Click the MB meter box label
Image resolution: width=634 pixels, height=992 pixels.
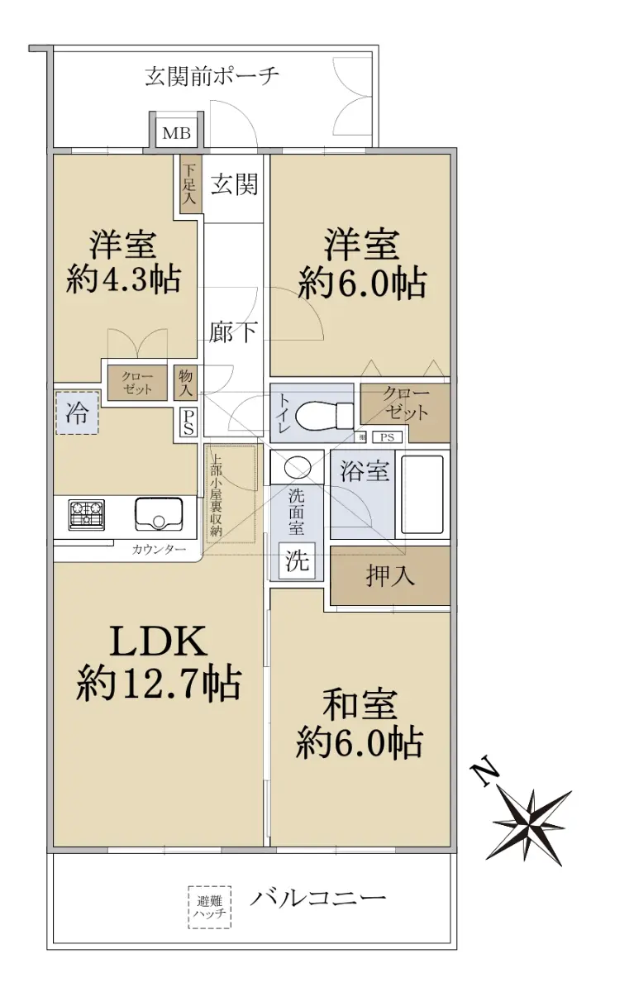(176, 133)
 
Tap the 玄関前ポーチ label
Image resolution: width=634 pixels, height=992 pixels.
(212, 77)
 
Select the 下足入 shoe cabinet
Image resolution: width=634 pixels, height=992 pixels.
(190, 184)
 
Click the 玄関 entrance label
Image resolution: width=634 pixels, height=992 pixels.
(234, 184)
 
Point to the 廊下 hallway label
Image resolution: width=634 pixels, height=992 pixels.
(233, 331)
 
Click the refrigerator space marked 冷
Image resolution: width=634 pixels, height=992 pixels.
(77, 413)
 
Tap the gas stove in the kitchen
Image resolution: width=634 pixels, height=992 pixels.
(87, 513)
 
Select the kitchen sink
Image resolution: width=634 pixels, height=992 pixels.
(159, 513)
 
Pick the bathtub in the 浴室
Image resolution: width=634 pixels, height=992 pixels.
(422, 494)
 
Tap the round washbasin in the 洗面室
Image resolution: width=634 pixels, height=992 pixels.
(297, 467)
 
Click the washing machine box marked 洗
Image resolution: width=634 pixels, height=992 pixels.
(297, 560)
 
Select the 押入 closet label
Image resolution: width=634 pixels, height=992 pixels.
(390, 575)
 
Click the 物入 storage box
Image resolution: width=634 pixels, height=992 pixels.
(185, 383)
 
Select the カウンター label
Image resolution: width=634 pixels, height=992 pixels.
(159, 550)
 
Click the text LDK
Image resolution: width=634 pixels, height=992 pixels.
(158, 641)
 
